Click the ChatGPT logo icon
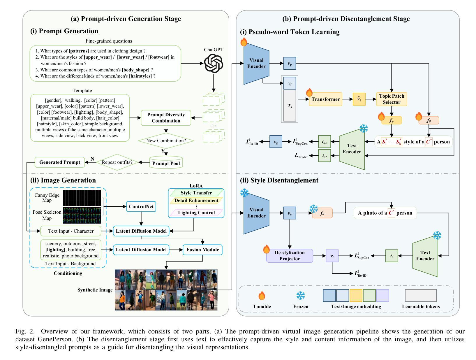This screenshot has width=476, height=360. coord(214,64)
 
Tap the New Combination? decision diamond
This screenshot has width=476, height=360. coord(166,141)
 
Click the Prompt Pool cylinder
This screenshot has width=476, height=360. coord(166,163)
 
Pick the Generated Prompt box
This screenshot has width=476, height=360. coord(60,162)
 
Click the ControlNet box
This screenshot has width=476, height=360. coord(141,207)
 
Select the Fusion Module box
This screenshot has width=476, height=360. coord(203,250)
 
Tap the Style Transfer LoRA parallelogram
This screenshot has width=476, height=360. coord(196,193)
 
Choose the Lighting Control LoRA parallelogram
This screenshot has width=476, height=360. coord(196,213)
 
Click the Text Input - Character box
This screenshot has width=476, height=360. coord(71,231)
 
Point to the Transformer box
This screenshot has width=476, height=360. coord(325,99)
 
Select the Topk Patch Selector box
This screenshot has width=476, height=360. coord(392,99)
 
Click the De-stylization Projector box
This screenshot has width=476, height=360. coord(290,256)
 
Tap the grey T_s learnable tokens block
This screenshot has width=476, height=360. coord(290,106)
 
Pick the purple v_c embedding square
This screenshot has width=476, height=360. coord(332,256)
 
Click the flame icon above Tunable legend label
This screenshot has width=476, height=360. coord(262,296)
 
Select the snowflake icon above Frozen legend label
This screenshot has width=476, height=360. coord(301,296)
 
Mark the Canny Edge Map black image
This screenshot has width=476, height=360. coord(82,198)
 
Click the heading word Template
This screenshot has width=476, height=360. coord(82,91)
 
